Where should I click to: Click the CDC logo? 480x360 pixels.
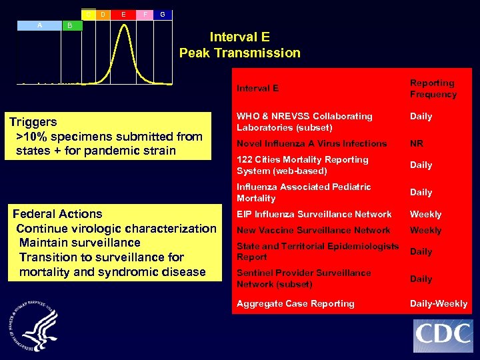pyautogui.click(x=443, y=336)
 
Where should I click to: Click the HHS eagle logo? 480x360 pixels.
pyautogui.click(x=34, y=327)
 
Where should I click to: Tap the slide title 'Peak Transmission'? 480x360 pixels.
pyautogui.click(x=239, y=53)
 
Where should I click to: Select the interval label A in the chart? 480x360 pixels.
pyautogui.click(x=40, y=25)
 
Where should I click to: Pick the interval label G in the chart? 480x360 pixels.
pyautogui.click(x=163, y=14)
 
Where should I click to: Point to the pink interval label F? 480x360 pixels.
pyautogui.click(x=145, y=14)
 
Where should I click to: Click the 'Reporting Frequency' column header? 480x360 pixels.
pyautogui.click(x=433, y=89)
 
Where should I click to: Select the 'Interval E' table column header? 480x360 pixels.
pyautogui.click(x=257, y=88)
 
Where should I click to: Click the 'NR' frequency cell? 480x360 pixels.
pyautogui.click(x=417, y=143)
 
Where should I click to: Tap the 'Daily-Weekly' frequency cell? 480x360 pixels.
pyautogui.click(x=438, y=303)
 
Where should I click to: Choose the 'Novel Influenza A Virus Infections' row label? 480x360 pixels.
pyautogui.click(x=311, y=143)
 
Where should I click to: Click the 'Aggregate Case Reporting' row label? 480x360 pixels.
pyautogui.click(x=295, y=303)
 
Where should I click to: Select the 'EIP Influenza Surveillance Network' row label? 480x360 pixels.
pyautogui.click(x=314, y=214)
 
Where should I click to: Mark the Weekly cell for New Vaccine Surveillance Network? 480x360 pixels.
pyautogui.click(x=425, y=230)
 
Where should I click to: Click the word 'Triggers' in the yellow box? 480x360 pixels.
pyautogui.click(x=33, y=122)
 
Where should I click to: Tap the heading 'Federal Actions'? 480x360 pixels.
pyautogui.click(x=57, y=214)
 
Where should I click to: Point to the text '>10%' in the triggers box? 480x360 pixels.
pyautogui.click(x=31, y=137)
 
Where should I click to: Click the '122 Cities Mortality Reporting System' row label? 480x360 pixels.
pyautogui.click(x=302, y=165)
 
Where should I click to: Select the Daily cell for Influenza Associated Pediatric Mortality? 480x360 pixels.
pyautogui.click(x=421, y=192)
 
